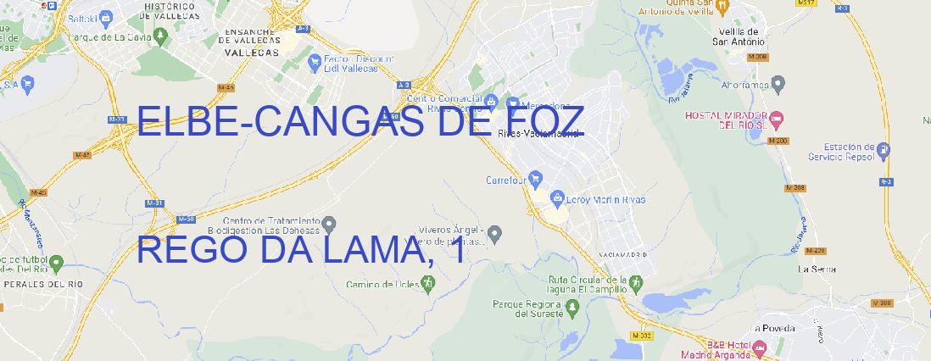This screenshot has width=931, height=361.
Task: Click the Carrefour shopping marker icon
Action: click(x=537, y=179)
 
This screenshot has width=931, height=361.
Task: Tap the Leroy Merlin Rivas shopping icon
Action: click(x=557, y=198)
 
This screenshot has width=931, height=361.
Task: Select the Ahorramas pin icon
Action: click(x=778, y=83)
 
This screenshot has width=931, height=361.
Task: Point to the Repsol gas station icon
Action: click(x=885, y=151)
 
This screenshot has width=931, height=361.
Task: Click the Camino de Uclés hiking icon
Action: click(x=427, y=284)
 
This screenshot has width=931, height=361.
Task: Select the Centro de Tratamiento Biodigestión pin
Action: click(x=329, y=224)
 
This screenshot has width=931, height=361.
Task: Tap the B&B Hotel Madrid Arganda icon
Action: click(x=760, y=347)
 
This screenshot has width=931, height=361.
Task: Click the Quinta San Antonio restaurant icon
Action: click(x=722, y=7)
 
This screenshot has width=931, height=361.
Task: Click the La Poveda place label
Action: click(x=772, y=328)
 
